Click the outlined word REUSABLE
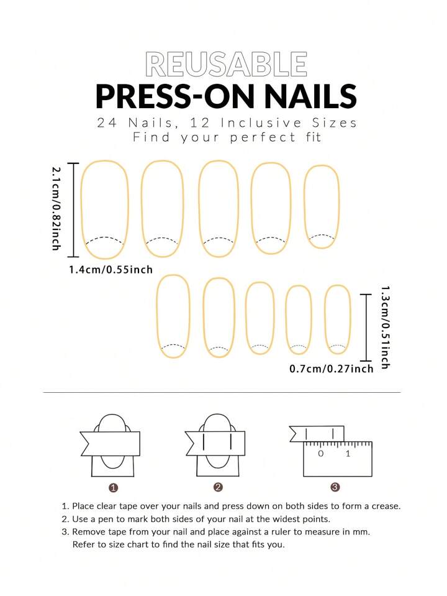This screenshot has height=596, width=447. tap(226, 64)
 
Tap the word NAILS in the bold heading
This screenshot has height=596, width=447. tap(310, 96)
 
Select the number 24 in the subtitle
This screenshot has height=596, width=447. tap(107, 123)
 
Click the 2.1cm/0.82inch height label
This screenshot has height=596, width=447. tap(56, 209)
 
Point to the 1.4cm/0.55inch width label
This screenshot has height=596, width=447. tap(111, 270)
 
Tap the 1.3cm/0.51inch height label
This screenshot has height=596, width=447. tap(385, 328)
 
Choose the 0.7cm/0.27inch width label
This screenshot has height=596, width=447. tap(332, 369)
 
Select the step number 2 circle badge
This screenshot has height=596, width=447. tap(218, 487)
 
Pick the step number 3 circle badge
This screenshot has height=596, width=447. tap(335, 487)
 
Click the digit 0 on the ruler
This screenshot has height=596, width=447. tap(321, 454)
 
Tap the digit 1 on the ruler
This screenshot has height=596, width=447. tap(348, 454)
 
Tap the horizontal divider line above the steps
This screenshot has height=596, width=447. tap(222, 392)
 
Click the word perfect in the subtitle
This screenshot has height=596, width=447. tap(263, 137)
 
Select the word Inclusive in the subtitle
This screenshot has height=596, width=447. tap(261, 123)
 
